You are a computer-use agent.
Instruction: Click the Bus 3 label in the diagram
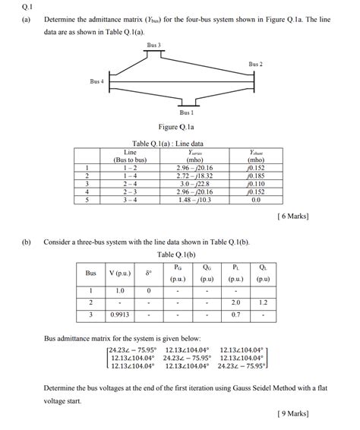pos(154,46)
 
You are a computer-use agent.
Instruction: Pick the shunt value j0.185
pos(255,175)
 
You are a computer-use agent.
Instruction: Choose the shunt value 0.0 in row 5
pos(255,200)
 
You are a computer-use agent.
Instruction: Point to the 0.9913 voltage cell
pos(119,314)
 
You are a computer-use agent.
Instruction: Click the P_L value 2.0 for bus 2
pos(235,302)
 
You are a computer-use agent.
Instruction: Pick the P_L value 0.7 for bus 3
pos(235,314)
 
